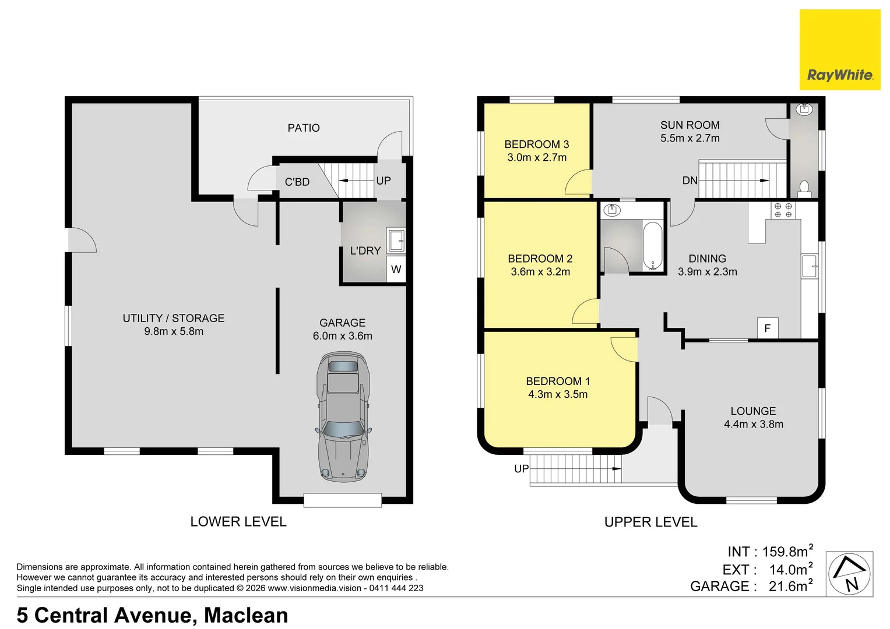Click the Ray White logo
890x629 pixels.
coord(840,50)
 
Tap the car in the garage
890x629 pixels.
coord(344,416)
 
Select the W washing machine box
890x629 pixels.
coord(396,269)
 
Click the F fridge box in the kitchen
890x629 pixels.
coord(767,328)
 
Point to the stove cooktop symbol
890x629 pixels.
coord(783,210)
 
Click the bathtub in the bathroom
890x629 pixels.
coord(652,246)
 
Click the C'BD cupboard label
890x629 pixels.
coord(297,182)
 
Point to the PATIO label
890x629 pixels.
coord(304,128)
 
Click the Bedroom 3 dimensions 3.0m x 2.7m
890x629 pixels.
coord(537,158)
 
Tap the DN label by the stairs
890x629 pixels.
coord(690,181)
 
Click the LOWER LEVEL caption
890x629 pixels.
coord(238,521)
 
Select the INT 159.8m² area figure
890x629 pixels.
coord(771,551)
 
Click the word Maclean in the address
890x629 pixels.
coord(246,615)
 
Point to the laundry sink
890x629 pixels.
coord(396,240)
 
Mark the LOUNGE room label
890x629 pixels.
coord(753,411)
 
